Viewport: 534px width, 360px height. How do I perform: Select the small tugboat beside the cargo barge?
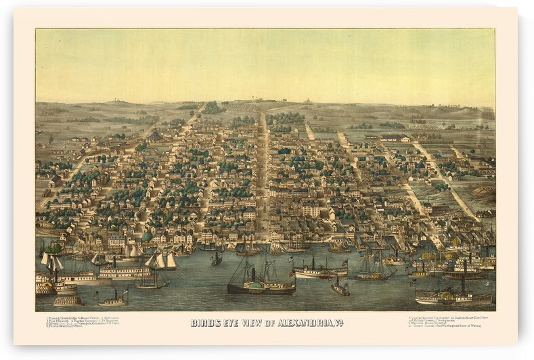[x=112, y=298]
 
